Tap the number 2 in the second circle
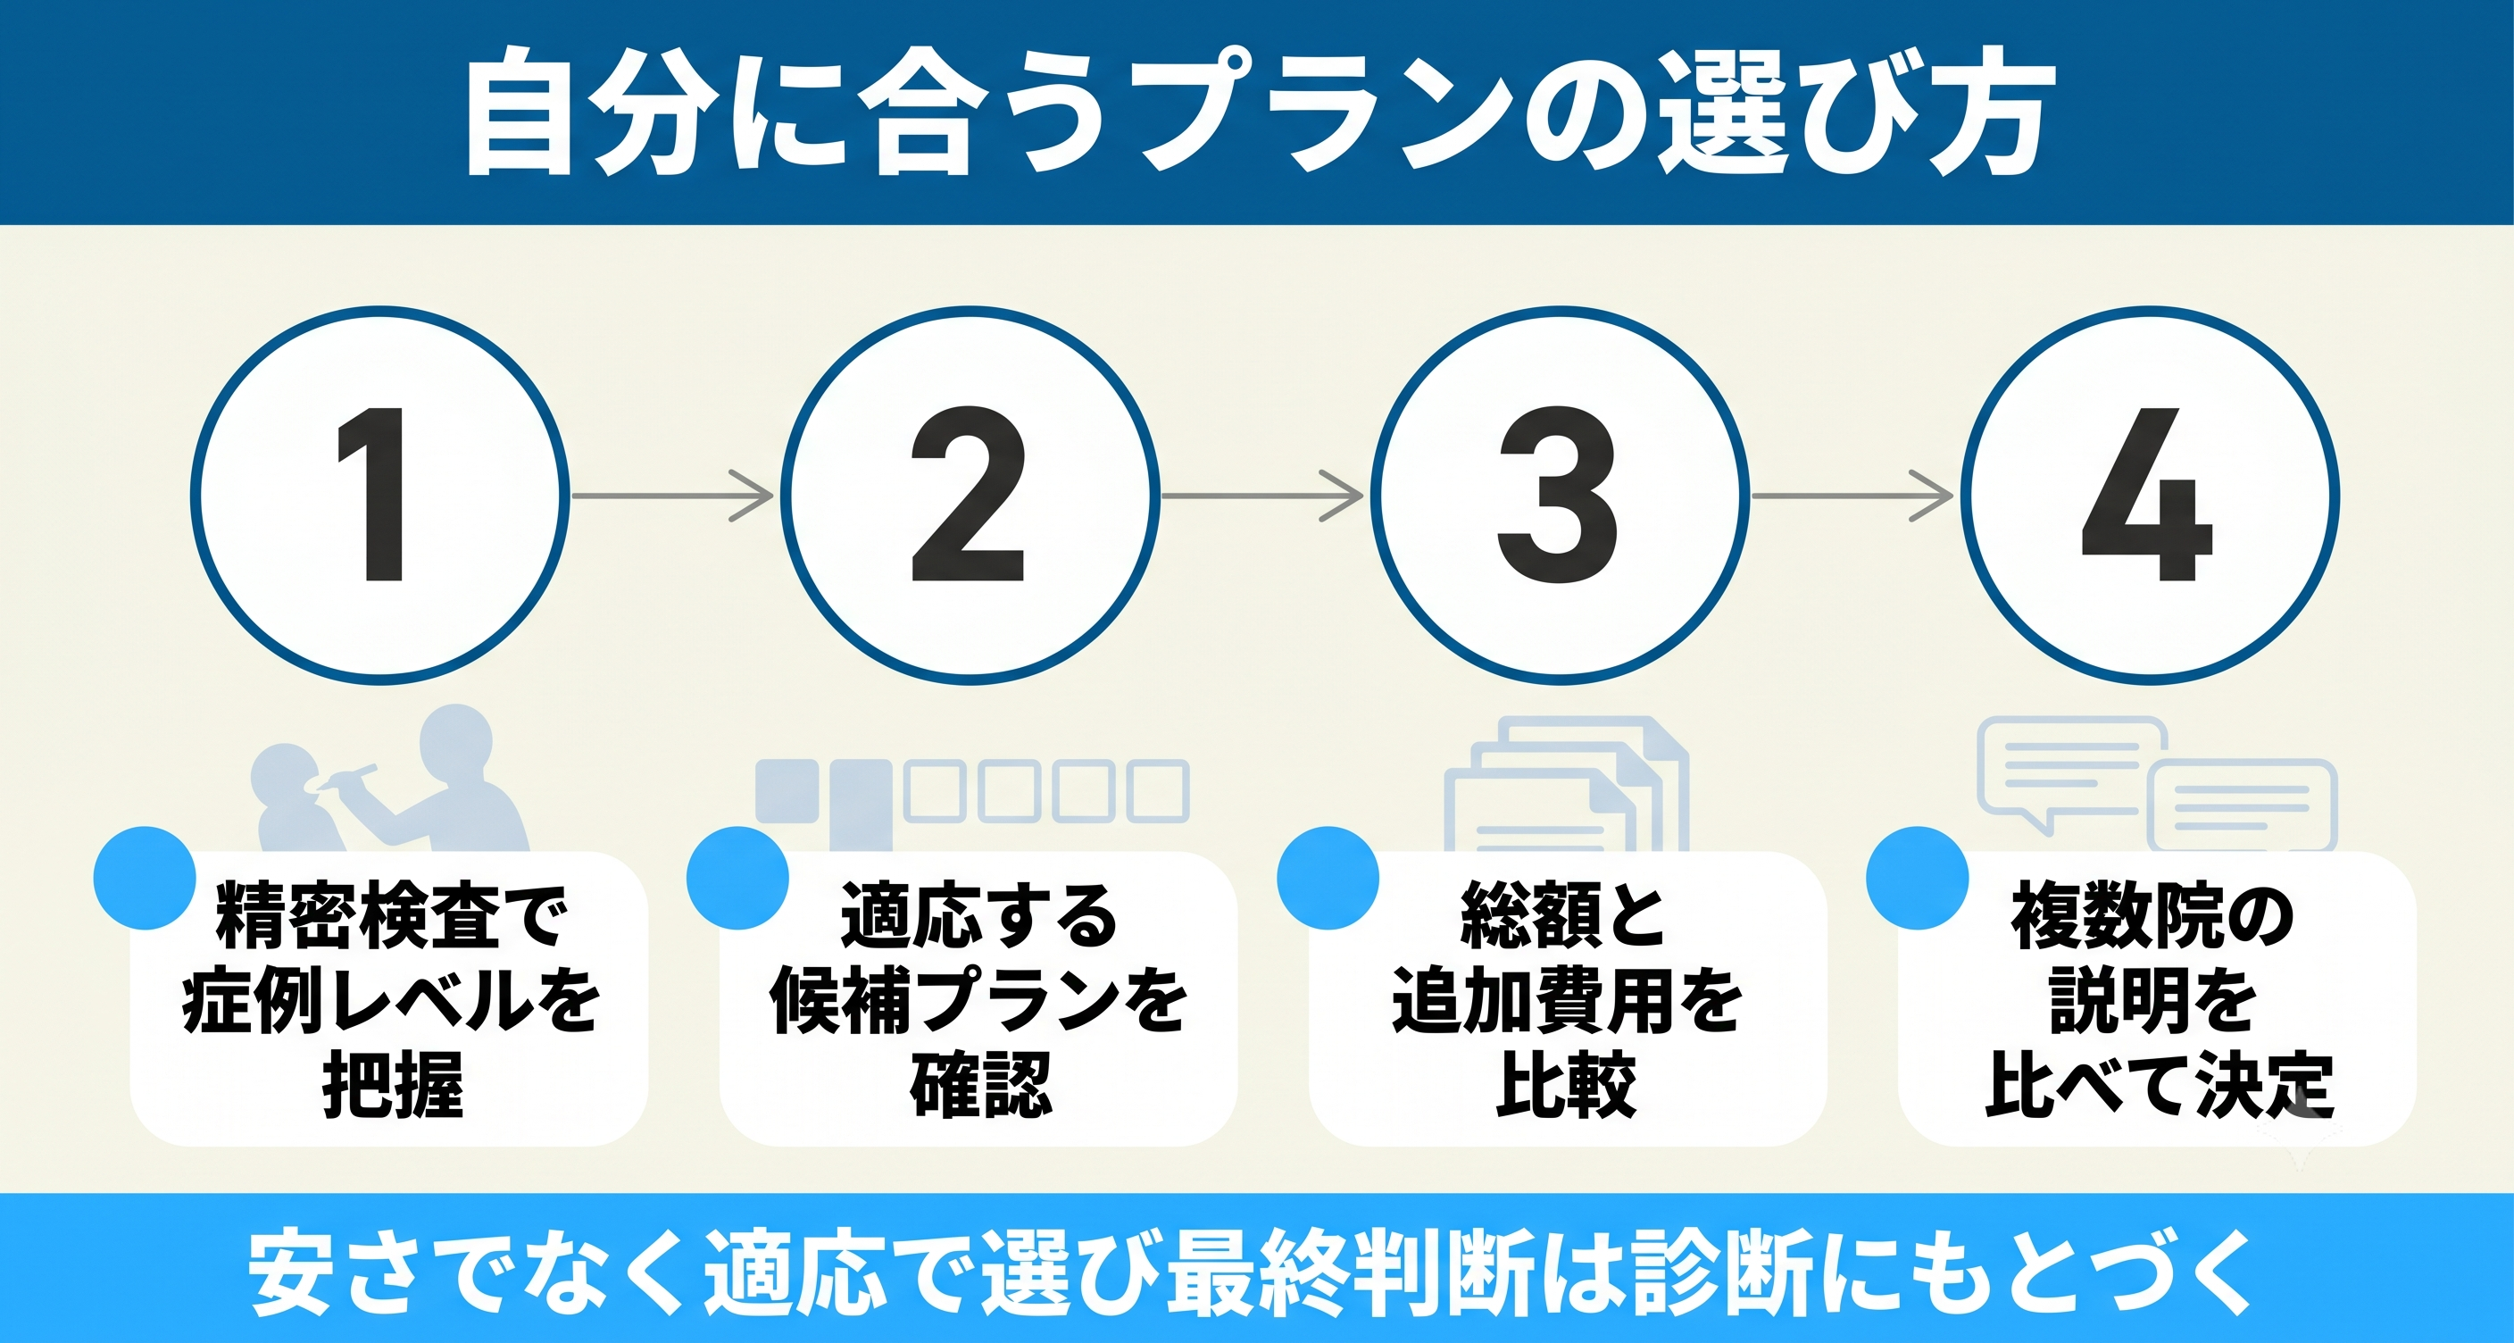tap(967, 494)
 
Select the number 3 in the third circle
tap(1557, 495)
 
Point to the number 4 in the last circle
tap(2146, 494)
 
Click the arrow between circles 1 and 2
tap(672, 496)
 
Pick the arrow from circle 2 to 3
tap(1261, 496)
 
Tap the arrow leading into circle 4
tap(1852, 496)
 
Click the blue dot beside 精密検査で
tap(145, 879)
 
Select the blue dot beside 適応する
tap(737, 879)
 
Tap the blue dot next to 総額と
tap(1328, 879)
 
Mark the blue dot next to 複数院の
tap(1917, 879)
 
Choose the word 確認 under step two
tap(981, 1084)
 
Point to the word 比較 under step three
tap(1567, 1084)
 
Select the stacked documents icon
tap(1567, 785)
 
